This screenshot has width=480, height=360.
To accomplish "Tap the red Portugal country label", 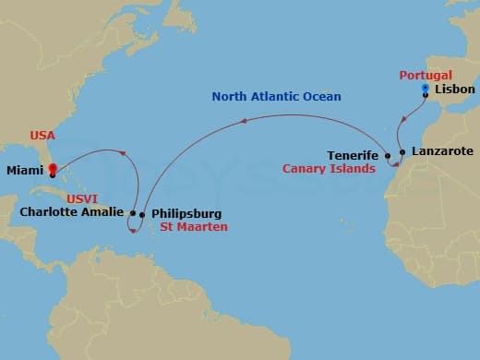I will click(x=426, y=75).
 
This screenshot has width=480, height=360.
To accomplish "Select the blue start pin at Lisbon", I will click(x=425, y=89).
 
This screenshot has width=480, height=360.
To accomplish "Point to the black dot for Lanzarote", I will click(x=402, y=151).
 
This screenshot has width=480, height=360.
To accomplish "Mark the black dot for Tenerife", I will click(x=388, y=156).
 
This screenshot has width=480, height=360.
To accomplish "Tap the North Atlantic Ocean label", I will click(x=277, y=96).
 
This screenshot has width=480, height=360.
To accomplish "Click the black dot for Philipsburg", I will click(x=142, y=215).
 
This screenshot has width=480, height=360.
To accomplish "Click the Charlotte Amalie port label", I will click(x=70, y=212).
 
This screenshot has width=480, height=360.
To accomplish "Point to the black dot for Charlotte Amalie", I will click(x=133, y=213).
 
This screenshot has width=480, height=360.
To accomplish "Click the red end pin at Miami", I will click(x=53, y=170).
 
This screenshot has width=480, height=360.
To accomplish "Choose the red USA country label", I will click(x=42, y=135).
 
